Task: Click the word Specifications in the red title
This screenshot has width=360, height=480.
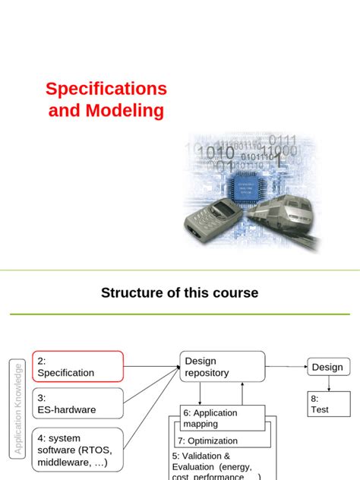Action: (106, 88)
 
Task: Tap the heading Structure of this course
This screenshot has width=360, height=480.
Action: (179, 292)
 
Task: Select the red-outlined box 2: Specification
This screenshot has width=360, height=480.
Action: (77, 367)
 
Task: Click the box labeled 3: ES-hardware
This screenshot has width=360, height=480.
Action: (77, 403)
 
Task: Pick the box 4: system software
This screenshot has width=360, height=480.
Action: (77, 449)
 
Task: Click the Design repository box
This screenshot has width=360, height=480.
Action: (222, 367)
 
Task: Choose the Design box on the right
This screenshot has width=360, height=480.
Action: (328, 367)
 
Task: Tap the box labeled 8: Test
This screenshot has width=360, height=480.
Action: (328, 403)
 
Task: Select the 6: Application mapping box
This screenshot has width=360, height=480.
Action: (223, 418)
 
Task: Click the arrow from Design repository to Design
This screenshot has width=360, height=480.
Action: (286, 367)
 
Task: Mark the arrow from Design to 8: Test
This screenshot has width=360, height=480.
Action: (328, 384)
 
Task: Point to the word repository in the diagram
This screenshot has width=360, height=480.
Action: (207, 373)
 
